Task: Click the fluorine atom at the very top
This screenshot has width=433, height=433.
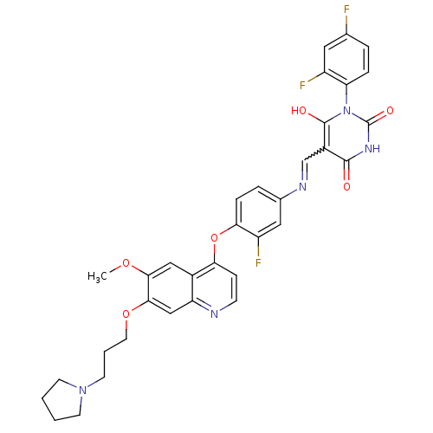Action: [x=346, y=10]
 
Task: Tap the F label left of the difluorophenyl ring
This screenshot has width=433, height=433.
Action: [x=302, y=86]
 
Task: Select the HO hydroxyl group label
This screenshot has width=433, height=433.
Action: [x=299, y=111]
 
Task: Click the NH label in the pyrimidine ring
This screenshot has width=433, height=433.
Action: [x=372, y=149]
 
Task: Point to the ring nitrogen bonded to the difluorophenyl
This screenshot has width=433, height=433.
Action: [x=346, y=111]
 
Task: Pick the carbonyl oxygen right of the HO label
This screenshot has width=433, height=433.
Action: [x=390, y=111]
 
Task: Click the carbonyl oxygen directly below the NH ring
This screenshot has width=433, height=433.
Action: [x=346, y=187]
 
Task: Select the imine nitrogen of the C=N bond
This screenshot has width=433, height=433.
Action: [x=302, y=187]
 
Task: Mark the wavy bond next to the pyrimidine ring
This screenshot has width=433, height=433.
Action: [x=313, y=155]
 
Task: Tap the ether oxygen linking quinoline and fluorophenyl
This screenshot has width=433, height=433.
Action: [x=214, y=238]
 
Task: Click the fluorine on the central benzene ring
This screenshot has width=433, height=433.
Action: [x=258, y=263]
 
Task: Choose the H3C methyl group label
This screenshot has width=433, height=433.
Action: [x=97, y=277]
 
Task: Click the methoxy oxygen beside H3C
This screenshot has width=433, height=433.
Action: [x=126, y=263]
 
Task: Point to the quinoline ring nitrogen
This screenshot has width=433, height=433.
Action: [x=214, y=313]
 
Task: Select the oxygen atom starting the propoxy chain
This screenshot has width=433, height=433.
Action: [x=126, y=313]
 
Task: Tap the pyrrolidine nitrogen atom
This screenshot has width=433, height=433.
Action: [x=82, y=391]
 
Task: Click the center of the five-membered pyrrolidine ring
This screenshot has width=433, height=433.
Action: [x=63, y=400]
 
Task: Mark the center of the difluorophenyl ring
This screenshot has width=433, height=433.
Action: [x=346, y=60]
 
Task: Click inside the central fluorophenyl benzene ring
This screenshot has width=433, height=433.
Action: [x=258, y=212]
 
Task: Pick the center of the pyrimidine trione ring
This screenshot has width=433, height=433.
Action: [x=346, y=136]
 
